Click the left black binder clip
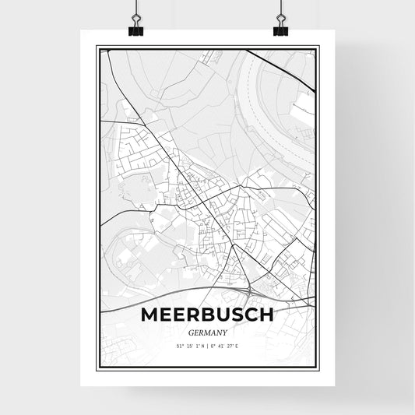click(135, 30)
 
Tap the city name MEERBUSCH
click(207, 315)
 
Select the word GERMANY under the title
click(207, 331)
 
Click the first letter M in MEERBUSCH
click(151, 315)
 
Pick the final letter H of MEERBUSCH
click(266, 315)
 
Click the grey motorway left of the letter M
click(117, 306)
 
